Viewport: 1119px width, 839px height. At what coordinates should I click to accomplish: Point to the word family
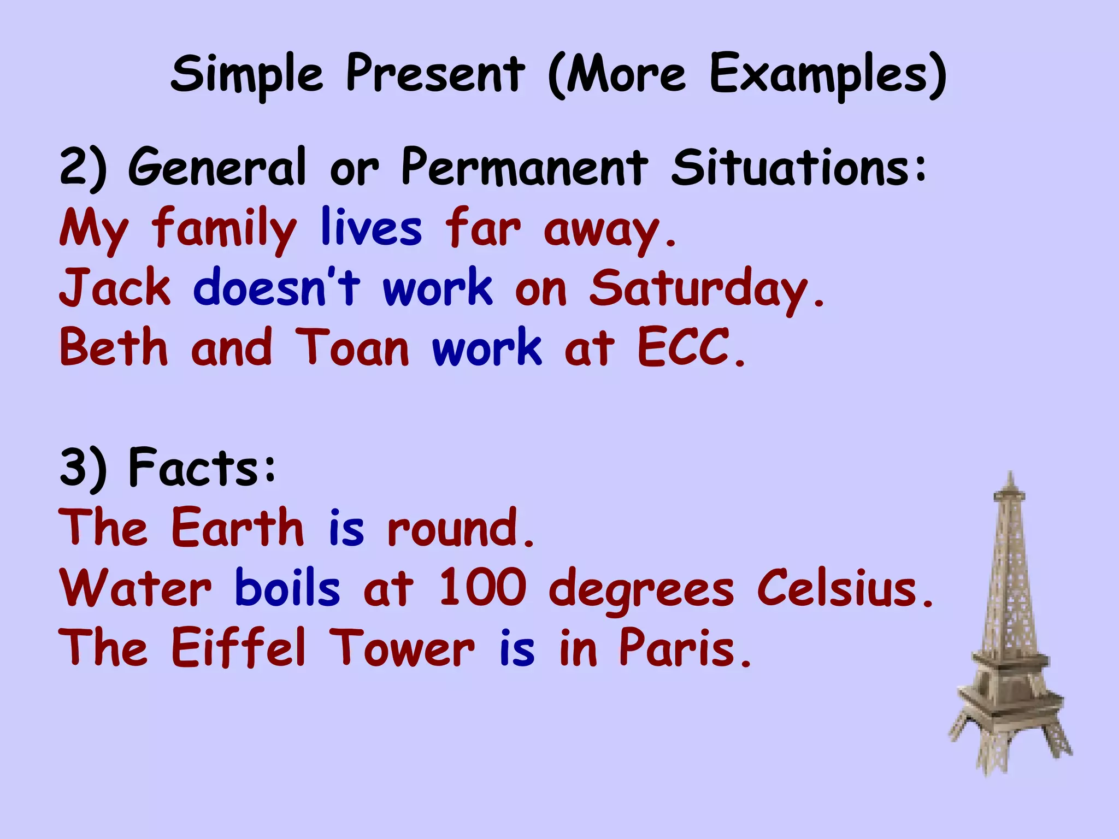coord(224,228)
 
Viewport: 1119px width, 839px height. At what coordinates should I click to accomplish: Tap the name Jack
coord(115,288)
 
